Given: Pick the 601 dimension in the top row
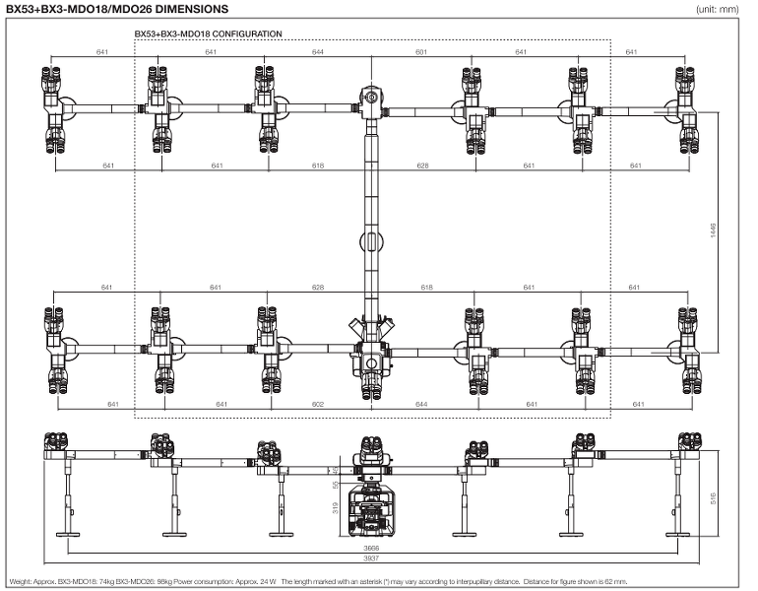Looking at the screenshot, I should pyautogui.click(x=422, y=51).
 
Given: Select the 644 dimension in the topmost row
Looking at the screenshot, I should pyautogui.click(x=318, y=51).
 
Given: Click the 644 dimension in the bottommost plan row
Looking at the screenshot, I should pyautogui.click(x=422, y=404).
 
